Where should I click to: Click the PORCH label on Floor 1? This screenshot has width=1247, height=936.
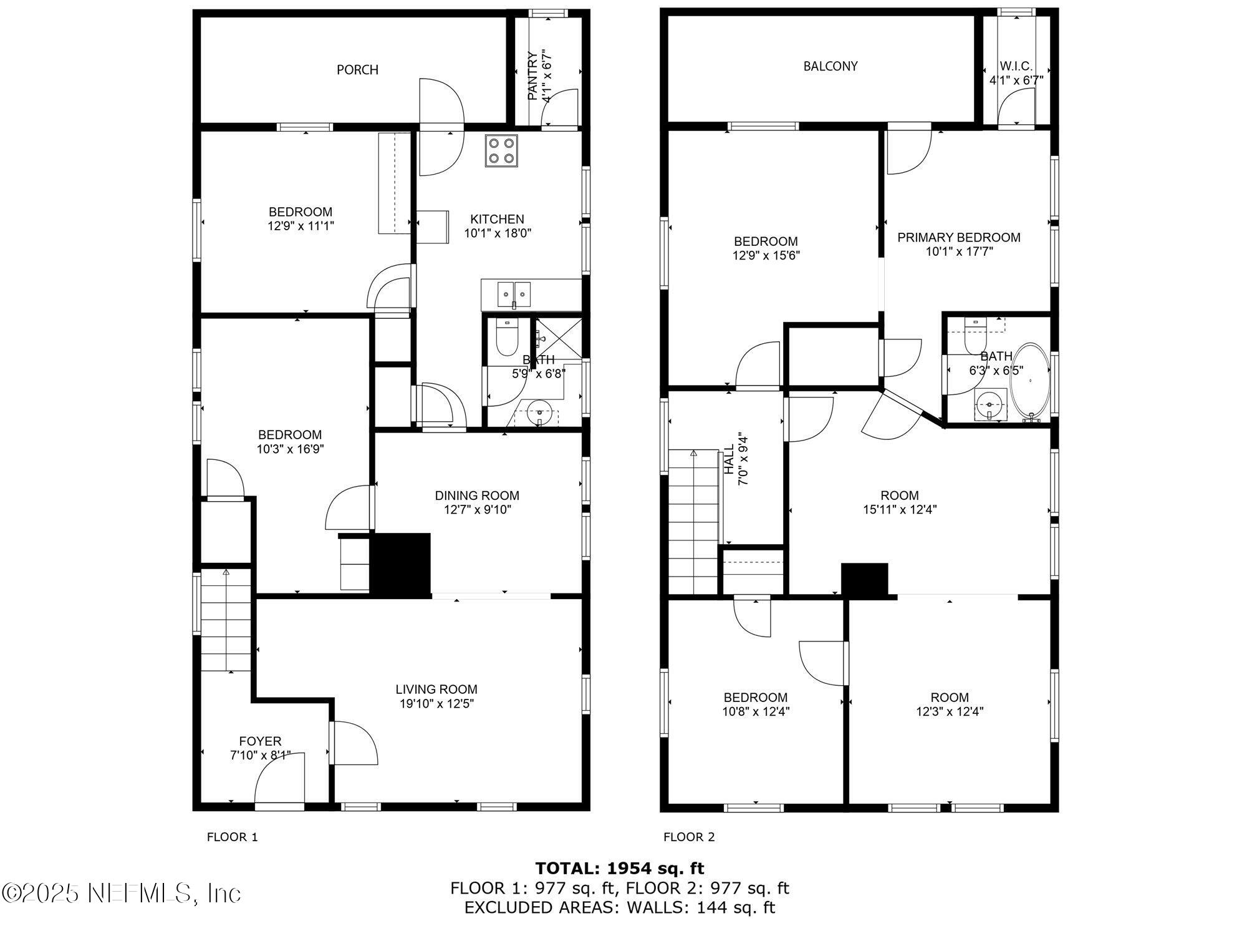(357, 70)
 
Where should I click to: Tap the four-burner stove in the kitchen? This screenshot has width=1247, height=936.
(502, 151)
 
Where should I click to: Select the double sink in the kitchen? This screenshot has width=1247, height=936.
(514, 293)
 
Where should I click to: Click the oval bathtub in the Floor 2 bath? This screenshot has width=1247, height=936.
(1030, 383)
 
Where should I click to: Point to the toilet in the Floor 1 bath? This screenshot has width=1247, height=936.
(506, 337)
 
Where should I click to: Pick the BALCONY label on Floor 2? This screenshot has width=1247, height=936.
(831, 66)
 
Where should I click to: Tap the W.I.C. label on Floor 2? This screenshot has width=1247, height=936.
(1016, 66)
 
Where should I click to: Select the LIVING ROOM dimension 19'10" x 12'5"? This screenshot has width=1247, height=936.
(436, 704)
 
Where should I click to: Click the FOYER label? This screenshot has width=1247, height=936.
(260, 741)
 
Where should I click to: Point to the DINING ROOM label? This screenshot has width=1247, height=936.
(477, 495)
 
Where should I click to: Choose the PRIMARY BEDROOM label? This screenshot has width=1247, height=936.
(959, 238)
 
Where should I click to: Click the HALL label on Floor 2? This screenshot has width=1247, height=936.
(729, 460)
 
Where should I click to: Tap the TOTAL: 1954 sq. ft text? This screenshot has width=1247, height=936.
(620, 868)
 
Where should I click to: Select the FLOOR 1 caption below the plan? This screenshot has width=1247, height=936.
(232, 837)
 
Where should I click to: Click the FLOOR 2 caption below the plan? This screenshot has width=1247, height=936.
(689, 837)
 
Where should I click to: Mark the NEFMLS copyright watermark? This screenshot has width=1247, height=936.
(121, 893)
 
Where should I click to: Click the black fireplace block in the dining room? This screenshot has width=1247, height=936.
(401, 563)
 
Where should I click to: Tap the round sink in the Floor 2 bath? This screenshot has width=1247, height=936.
(989, 405)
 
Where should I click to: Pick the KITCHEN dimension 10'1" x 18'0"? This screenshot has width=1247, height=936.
(498, 233)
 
